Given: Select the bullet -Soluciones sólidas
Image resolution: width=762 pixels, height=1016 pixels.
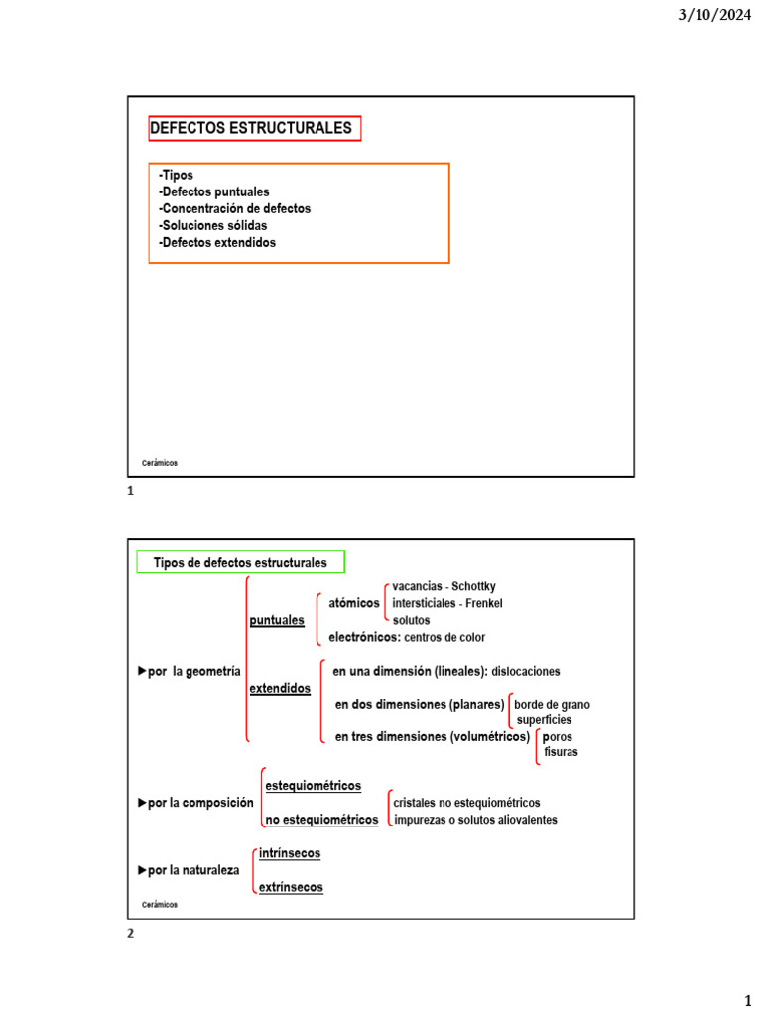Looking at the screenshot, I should (212, 225).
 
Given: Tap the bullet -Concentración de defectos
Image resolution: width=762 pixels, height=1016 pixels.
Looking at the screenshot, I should (234, 208).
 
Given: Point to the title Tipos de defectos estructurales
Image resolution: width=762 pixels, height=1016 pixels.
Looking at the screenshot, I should (239, 563).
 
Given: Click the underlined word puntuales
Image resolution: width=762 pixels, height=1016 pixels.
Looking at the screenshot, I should (277, 620).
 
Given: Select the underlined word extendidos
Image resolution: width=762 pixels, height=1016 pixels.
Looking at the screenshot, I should (280, 688).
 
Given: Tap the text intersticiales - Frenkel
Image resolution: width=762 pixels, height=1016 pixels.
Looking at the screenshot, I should (447, 603).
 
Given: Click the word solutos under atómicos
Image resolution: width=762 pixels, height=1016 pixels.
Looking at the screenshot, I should (411, 620).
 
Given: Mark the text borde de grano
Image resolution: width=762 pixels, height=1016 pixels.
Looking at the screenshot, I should (552, 704).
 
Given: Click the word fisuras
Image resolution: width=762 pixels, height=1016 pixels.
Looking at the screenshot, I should (561, 753).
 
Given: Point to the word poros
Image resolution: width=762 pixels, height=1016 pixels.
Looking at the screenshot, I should (557, 737).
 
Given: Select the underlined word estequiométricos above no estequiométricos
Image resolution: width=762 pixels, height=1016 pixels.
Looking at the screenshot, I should (314, 785).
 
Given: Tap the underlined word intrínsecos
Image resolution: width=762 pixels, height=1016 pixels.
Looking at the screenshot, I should (290, 853).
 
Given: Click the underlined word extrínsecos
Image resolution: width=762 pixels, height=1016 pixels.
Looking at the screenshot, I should (291, 887).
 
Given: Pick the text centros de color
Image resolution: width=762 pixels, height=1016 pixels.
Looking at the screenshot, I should (444, 637).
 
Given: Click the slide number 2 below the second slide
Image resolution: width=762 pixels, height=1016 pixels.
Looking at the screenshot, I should (130, 933).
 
